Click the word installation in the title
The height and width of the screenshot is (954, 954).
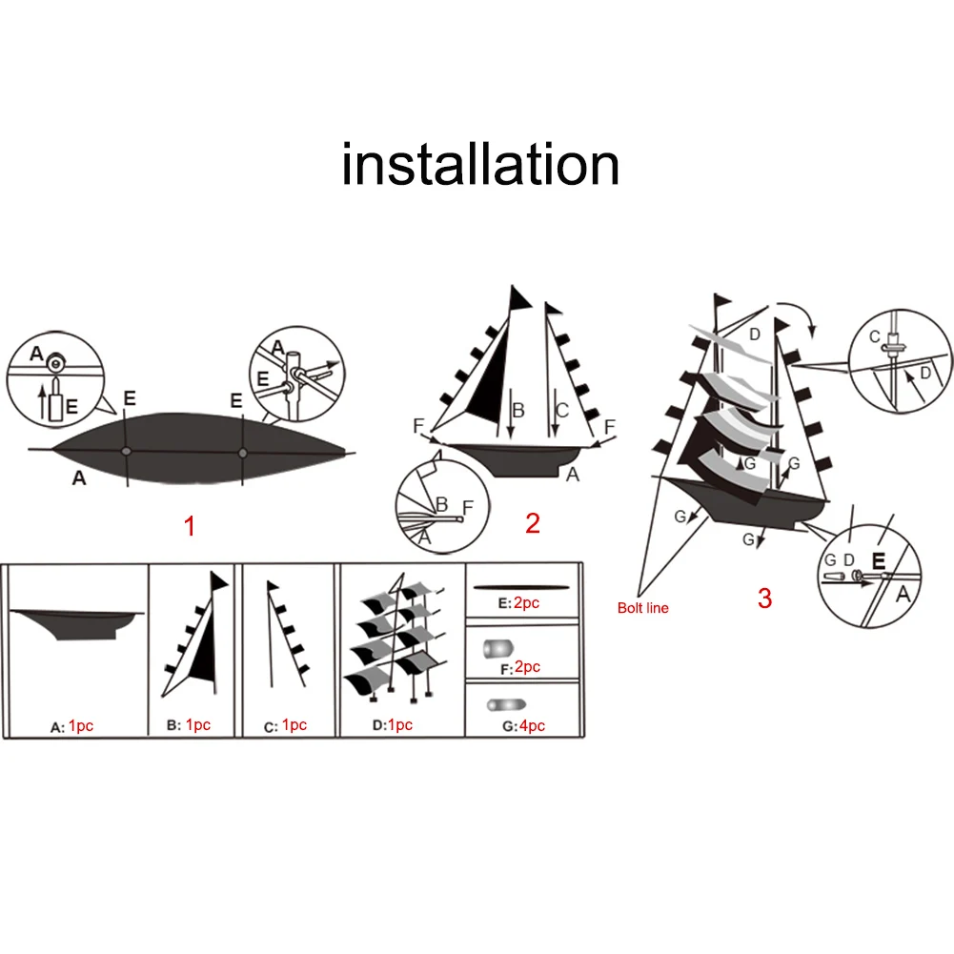pos(480,164)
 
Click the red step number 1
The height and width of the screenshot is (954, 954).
pos(190,525)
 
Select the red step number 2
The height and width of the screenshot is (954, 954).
pos(532,522)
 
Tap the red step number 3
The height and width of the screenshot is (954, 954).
pos(764,599)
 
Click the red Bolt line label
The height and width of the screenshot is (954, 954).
pos(642,608)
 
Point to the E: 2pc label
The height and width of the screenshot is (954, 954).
pos(518,603)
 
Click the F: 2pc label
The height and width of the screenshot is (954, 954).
pos(518,667)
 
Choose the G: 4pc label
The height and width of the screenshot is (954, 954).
pos(519,725)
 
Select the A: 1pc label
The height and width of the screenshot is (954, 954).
pos(71,726)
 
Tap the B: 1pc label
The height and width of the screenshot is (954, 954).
pos(188,725)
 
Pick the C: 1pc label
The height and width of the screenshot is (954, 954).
pos(286,725)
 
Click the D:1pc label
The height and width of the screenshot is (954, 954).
pos(392,725)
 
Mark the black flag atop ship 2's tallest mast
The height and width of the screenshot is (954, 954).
pos(519,297)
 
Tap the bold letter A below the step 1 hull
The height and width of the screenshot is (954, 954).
pos(79,479)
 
